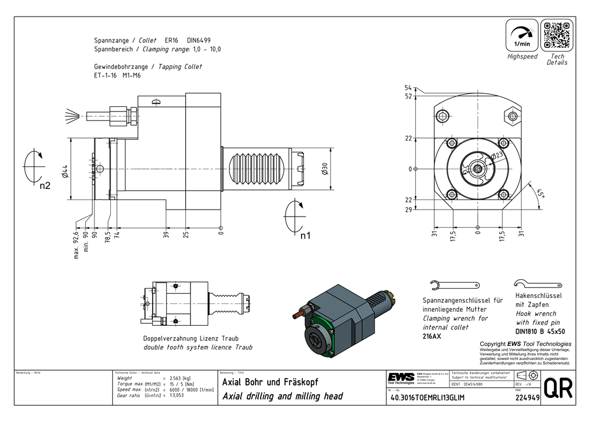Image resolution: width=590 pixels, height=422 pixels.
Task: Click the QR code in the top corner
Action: point(557,35)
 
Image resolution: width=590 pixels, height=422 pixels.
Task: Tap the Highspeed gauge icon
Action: point(522,35)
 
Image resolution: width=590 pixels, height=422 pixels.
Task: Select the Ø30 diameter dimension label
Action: point(324,170)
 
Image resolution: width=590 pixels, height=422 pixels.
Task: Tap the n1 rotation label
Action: point(305,235)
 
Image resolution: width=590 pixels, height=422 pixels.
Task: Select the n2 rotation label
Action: point(45,186)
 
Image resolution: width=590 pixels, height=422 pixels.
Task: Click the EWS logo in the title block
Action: point(401,378)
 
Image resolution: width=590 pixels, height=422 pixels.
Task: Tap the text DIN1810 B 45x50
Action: point(539,332)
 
